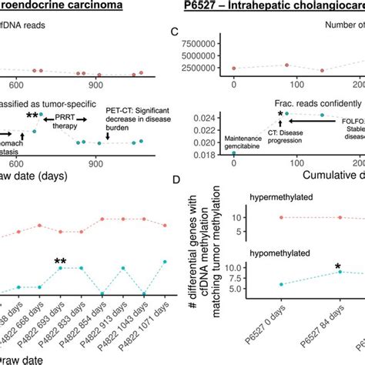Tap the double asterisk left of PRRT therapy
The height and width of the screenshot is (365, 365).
33,116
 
